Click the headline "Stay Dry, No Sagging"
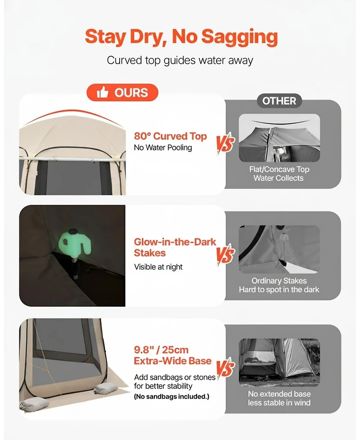(180, 37)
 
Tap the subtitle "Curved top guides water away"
(180, 60)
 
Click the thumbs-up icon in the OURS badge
(103, 93)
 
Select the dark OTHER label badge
(279, 101)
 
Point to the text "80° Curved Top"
(170, 136)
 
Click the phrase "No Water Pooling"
(163, 148)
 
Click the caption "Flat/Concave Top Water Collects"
(279, 174)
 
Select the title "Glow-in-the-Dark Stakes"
(175, 247)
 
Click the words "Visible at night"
(158, 267)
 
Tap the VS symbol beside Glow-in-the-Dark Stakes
(225, 255)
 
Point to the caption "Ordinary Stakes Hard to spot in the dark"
(279, 285)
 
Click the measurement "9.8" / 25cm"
(161, 350)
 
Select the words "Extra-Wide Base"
(172, 361)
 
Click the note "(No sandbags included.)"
(171, 397)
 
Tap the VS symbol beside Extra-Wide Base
(225, 368)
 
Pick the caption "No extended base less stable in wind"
(279, 398)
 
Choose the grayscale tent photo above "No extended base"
(279, 362)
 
